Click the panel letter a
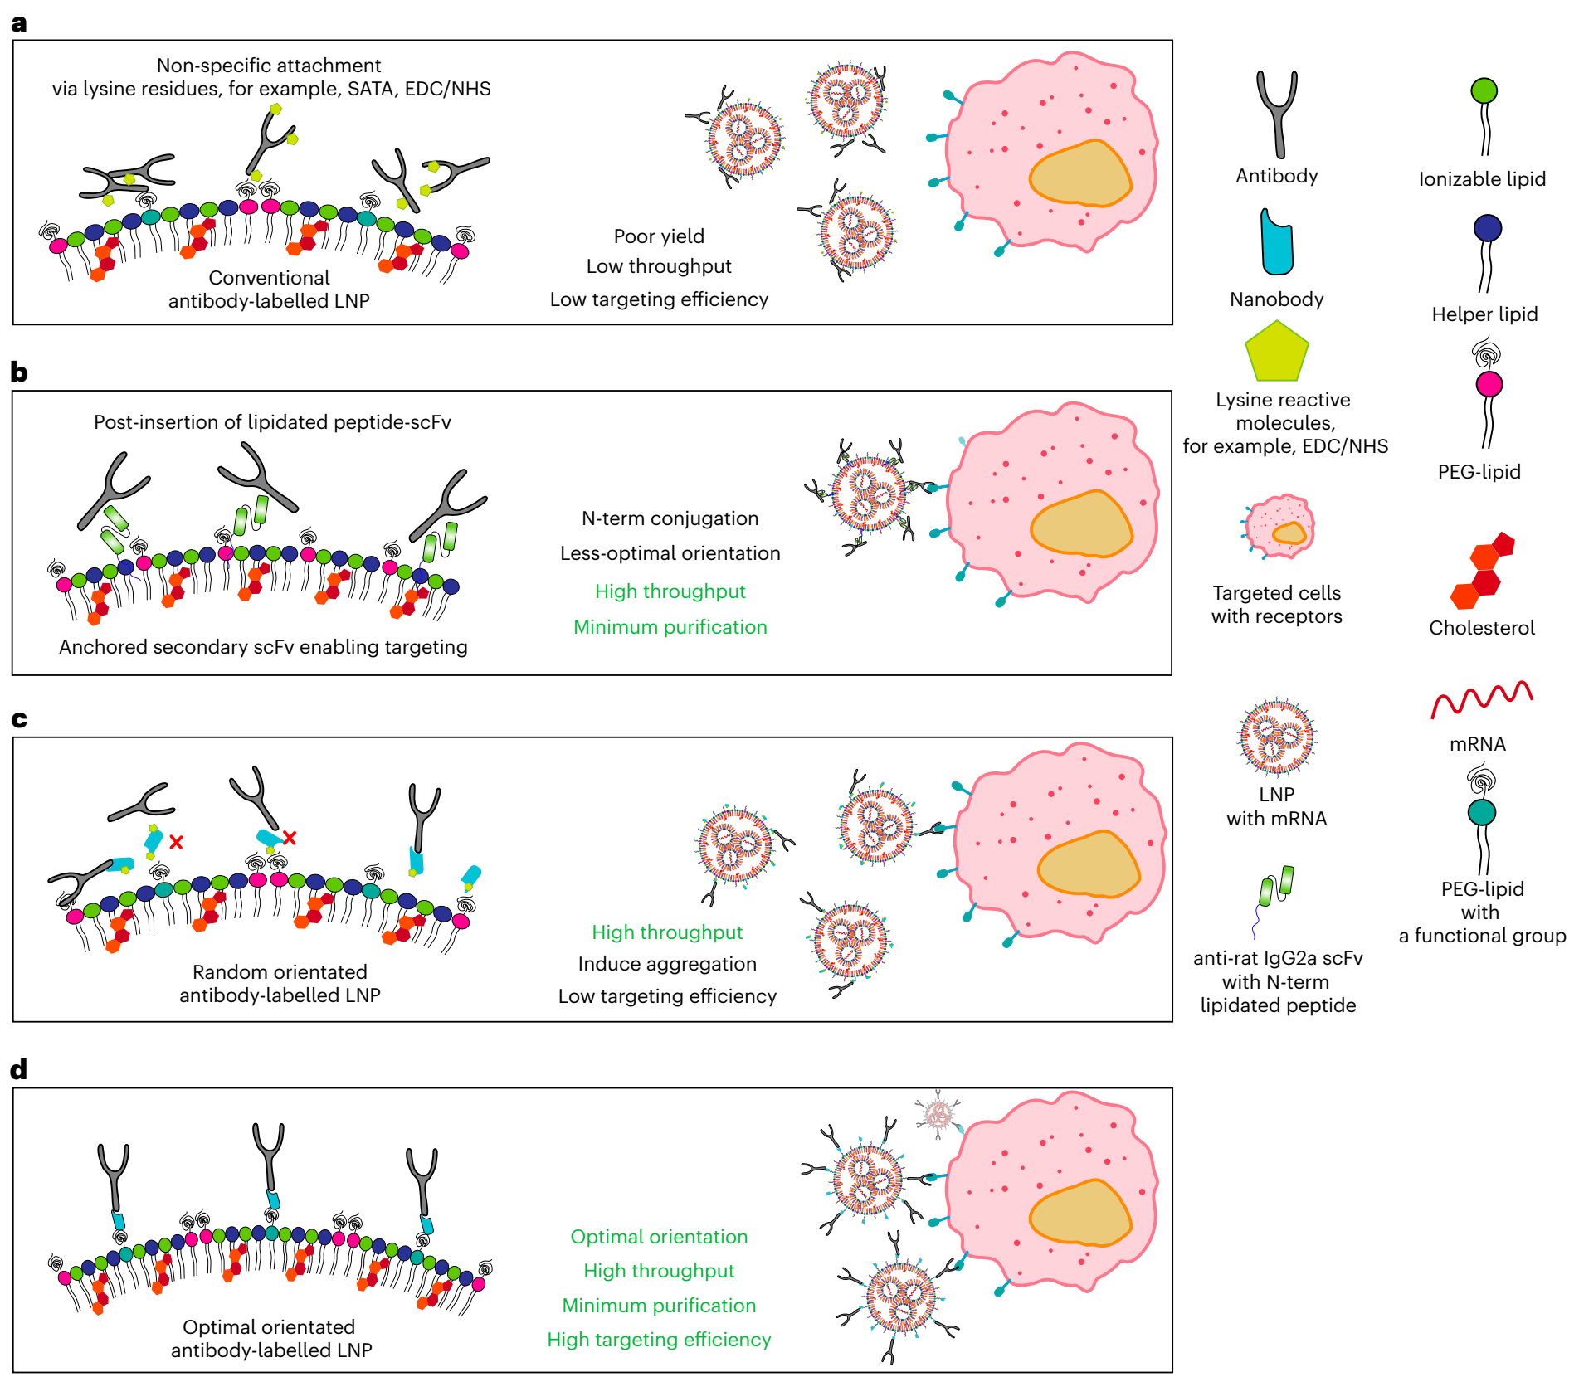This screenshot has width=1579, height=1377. click(x=18, y=23)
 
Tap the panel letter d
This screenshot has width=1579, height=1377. click(x=18, y=1069)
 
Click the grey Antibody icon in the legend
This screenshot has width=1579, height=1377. click(x=1276, y=113)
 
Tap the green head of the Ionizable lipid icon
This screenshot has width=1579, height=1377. click(x=1484, y=90)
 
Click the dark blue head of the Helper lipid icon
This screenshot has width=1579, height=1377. click(x=1488, y=228)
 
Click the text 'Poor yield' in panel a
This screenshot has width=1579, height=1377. click(x=659, y=236)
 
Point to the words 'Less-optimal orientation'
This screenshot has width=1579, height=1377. click(x=670, y=553)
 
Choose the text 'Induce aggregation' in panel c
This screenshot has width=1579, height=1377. click(x=667, y=964)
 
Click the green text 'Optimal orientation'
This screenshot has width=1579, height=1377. click(x=659, y=1237)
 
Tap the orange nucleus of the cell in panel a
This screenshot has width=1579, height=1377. click(x=1079, y=173)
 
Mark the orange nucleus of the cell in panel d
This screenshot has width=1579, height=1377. click(x=1079, y=1213)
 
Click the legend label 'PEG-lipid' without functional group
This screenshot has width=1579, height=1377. click(x=1479, y=472)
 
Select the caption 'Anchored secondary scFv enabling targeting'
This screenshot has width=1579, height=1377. click(x=263, y=647)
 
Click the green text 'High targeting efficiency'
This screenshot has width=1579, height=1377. click(x=659, y=1340)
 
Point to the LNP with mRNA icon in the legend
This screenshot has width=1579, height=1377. click(x=1276, y=737)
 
